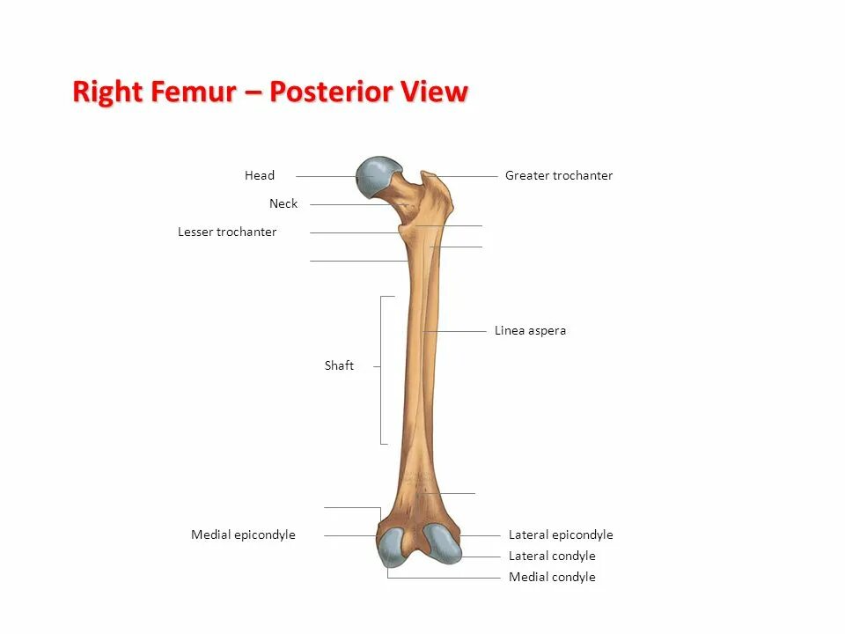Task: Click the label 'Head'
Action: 260,175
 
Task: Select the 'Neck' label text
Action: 283,203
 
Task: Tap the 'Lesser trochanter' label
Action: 227,232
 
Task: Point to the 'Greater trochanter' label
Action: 559,175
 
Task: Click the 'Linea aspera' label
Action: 530,330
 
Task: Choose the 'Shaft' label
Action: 339,365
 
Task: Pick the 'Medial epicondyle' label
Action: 243,534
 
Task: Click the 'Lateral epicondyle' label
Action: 561,534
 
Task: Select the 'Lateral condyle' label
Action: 552,556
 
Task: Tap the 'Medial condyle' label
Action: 552,577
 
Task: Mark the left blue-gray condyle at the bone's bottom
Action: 392,546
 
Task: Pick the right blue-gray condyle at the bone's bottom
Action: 442,543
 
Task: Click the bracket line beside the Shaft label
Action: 381,370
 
